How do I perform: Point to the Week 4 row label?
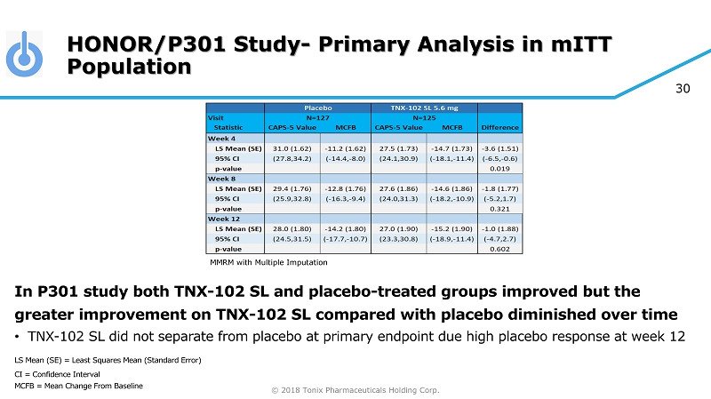222,138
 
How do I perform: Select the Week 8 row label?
222,178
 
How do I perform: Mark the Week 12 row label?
224,219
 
